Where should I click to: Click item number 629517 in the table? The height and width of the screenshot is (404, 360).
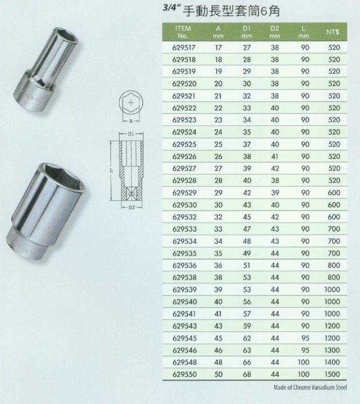click(184, 48)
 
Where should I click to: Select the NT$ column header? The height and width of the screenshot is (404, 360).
click(332, 32)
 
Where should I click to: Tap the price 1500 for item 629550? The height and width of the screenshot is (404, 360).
click(332, 374)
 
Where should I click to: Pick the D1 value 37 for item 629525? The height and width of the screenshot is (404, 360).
click(246, 144)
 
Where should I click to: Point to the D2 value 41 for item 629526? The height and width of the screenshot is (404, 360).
click(275, 156)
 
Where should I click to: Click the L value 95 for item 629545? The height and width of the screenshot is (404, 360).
click(305, 338)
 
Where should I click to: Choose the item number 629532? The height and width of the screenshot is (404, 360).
click(184, 217)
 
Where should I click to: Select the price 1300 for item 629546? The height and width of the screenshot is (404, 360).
click(332, 350)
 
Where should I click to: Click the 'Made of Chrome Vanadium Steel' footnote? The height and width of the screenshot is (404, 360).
click(310, 387)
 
